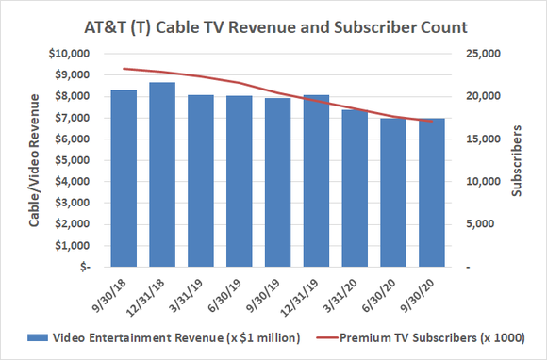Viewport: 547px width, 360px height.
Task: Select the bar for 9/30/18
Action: click(x=124, y=179)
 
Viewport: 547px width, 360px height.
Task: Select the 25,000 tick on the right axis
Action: click(x=481, y=54)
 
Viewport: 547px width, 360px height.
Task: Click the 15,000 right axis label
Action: click(x=481, y=139)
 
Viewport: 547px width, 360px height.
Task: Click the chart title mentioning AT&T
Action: click(x=273, y=23)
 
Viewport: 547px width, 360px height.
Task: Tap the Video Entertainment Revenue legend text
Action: click(x=178, y=338)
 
